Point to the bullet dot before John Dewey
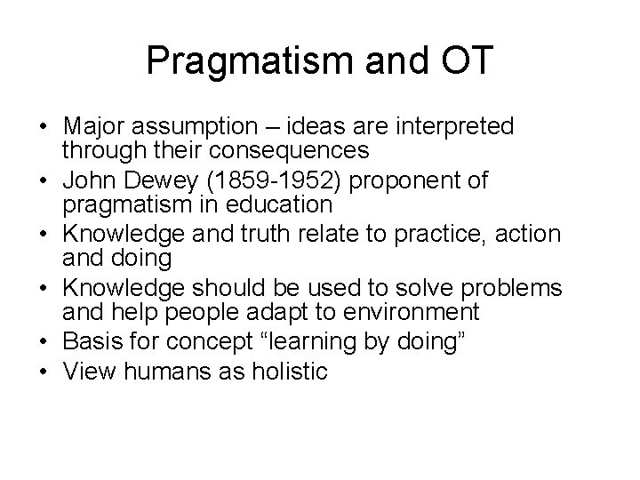coord(44,182)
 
